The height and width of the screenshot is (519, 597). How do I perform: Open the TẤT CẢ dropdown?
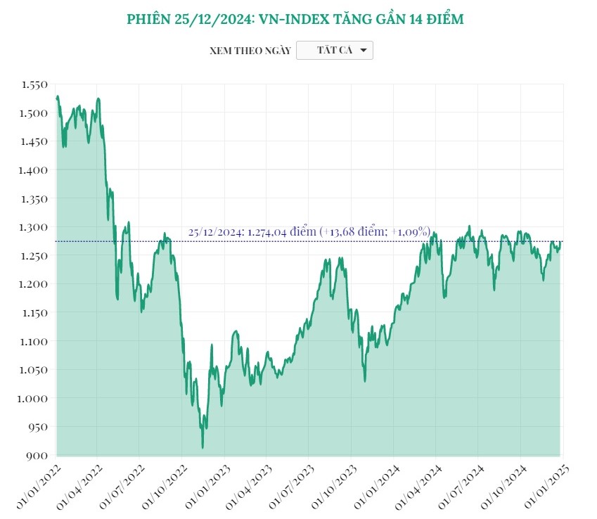pyautogui.click(x=335, y=51)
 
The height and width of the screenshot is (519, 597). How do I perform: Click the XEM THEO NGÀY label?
pyautogui.click(x=250, y=51)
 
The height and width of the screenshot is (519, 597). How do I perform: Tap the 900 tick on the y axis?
pyautogui.click(x=37, y=456)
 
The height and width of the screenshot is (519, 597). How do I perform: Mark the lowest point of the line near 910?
pyautogui.click(x=203, y=447)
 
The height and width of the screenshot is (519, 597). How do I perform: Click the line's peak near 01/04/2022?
pyautogui.click(x=98, y=98)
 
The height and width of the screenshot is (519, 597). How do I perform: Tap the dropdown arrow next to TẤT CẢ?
pyautogui.click(x=363, y=51)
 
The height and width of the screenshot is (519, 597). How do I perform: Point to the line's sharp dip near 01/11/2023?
pyautogui.click(x=365, y=381)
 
